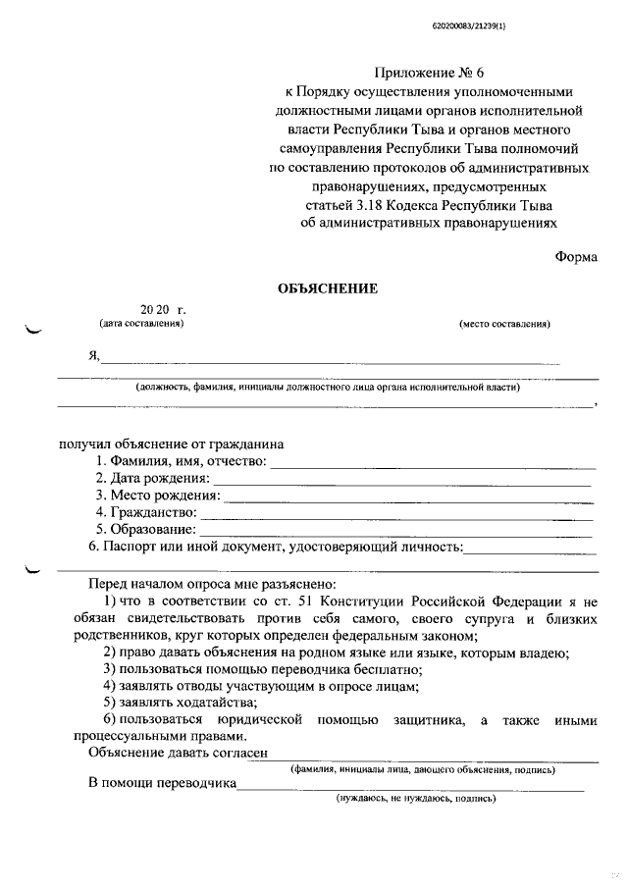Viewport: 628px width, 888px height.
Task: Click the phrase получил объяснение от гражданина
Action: point(172,444)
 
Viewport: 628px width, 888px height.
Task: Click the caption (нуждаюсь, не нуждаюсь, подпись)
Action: point(416,799)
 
